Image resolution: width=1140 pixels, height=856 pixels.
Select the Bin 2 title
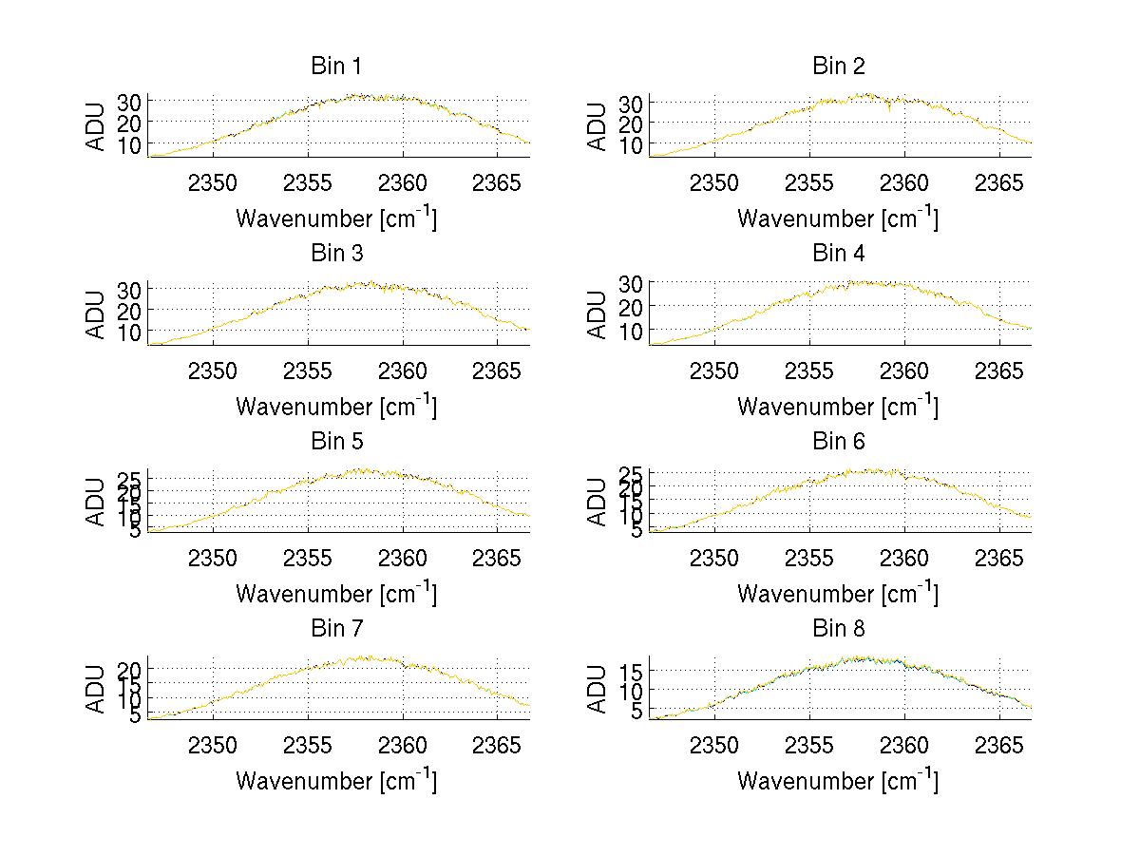click(x=838, y=67)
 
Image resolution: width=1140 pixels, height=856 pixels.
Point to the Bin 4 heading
click(x=838, y=254)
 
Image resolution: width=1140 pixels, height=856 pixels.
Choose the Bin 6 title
click(x=838, y=442)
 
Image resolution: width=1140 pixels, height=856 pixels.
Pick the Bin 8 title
click(x=838, y=629)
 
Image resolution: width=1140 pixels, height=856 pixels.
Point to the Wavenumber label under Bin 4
click(x=838, y=406)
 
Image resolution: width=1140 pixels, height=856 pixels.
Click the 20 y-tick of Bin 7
click(x=131, y=669)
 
